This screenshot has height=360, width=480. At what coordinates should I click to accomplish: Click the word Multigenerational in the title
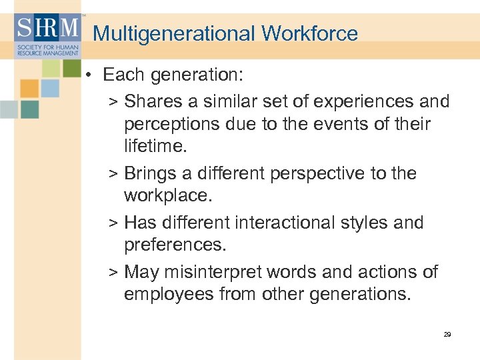point(175,34)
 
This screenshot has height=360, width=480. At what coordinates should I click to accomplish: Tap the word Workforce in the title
point(310,34)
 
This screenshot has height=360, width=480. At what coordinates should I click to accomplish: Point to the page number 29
point(447,334)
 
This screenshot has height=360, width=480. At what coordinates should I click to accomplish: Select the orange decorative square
point(29,89)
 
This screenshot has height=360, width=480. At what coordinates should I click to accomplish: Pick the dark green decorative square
point(71,67)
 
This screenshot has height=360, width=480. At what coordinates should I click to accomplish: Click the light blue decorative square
point(50,89)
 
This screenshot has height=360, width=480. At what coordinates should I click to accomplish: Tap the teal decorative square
point(29,109)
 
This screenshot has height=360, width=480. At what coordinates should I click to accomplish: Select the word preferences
point(175,245)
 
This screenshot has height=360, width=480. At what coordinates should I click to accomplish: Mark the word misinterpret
point(211,271)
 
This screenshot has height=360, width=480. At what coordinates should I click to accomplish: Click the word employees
point(168,294)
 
